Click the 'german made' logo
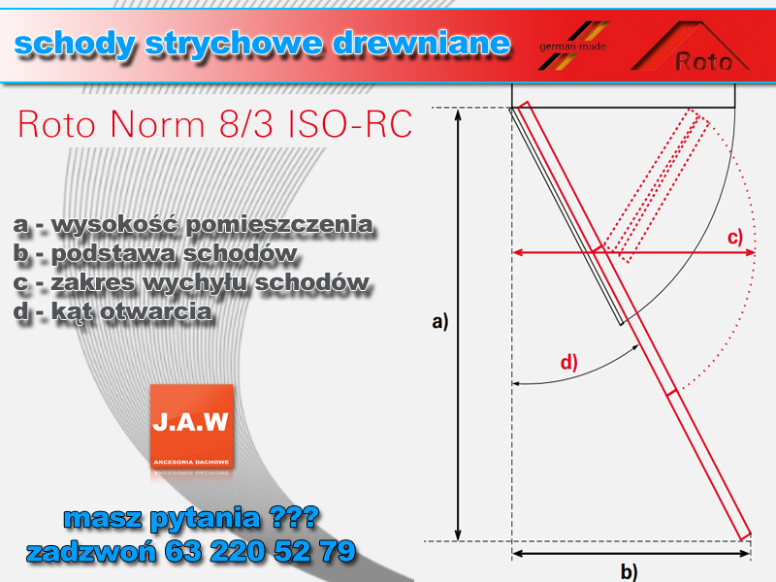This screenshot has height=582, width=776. coord(573,46)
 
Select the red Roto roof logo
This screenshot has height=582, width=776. coord(691,46)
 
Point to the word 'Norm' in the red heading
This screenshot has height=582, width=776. coord(157,124)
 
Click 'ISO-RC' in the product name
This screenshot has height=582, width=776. coord(350,124)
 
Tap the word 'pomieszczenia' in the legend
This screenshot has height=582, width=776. coord(279,225)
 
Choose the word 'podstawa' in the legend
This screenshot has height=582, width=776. coord(113,254)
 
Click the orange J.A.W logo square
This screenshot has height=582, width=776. coord(191,426)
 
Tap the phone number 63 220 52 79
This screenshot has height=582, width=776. coord(260,551)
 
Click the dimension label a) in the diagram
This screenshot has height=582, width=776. coord(440,322)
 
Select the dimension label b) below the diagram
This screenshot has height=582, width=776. coord(629,571)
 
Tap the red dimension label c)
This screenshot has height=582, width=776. coord(735,238)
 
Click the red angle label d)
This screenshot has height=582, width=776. coord(569,362)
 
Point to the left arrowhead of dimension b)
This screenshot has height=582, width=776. coord(515,554)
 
